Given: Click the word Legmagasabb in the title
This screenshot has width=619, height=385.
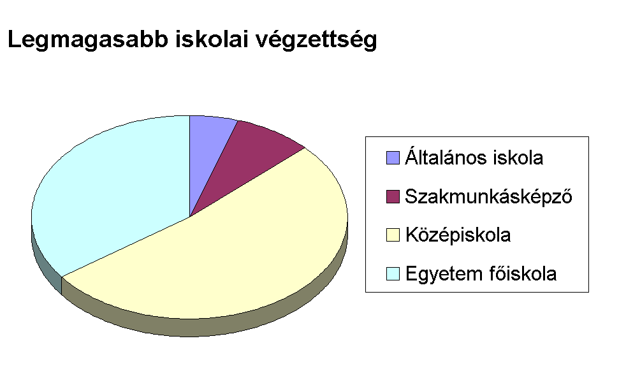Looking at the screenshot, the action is tap(87, 40).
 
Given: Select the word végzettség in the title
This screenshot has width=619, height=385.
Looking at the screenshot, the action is tap(316, 40).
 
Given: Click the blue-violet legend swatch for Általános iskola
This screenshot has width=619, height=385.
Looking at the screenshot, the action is tap(393, 157).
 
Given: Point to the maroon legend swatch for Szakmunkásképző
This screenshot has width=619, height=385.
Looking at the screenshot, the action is tap(393, 196).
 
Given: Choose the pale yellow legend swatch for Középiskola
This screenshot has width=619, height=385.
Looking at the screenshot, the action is tap(393, 235).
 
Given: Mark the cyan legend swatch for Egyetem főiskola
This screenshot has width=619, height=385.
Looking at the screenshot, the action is tap(393, 273).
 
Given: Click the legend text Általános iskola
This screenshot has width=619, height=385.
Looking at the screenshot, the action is tap(474, 157).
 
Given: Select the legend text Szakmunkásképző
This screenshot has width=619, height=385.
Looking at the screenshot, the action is tap(489, 196).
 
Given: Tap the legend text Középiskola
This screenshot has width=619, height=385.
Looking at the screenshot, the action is tap(458, 235).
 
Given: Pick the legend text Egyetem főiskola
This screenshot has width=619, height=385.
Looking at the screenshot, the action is tap(481, 274).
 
